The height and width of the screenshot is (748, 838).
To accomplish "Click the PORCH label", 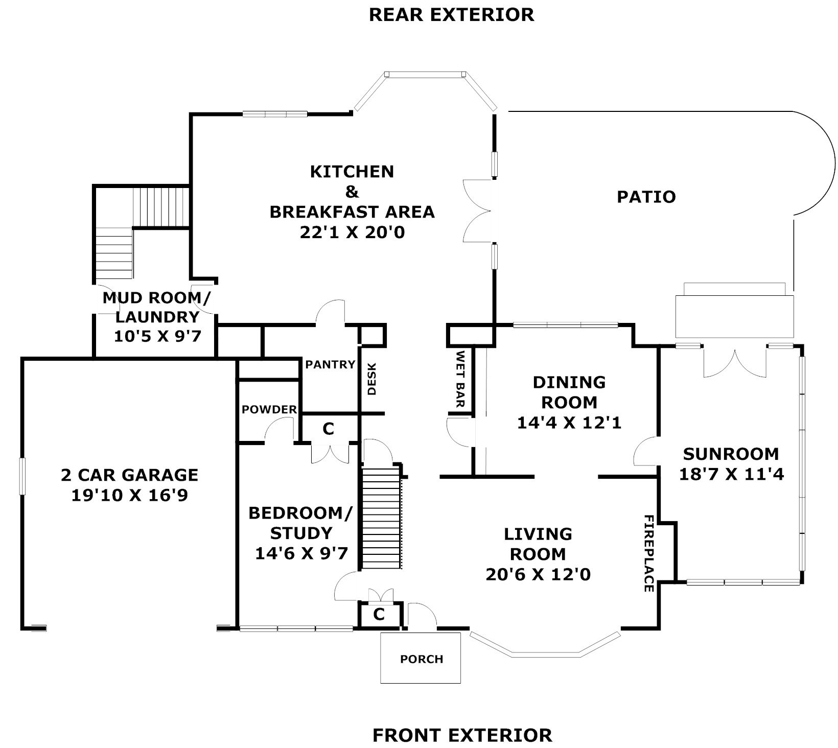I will pyautogui.click(x=421, y=659).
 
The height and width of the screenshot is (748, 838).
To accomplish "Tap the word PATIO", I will pyautogui.click(x=646, y=197).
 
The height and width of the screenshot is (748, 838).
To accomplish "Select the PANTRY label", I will pyautogui.click(x=330, y=364).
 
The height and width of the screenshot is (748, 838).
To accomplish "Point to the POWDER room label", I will pyautogui.click(x=269, y=409).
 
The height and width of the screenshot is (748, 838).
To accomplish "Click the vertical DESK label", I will pyautogui.click(x=372, y=379).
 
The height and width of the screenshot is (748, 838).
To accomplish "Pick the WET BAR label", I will pyautogui.click(x=460, y=379).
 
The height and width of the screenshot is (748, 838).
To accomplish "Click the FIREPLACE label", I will pyautogui.click(x=648, y=553).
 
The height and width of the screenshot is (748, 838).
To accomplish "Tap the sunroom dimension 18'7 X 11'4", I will pyautogui.click(x=731, y=475).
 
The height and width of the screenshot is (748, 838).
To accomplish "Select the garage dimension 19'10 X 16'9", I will pyautogui.click(x=129, y=495).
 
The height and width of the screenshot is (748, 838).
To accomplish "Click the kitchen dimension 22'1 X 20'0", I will pyautogui.click(x=352, y=232).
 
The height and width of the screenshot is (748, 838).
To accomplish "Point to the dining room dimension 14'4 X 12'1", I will pyautogui.click(x=569, y=423).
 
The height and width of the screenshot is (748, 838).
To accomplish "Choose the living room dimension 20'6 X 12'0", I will pyautogui.click(x=538, y=574).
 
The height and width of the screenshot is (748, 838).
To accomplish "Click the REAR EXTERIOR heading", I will pyautogui.click(x=451, y=14).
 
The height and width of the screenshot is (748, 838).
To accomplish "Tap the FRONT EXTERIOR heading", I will pyautogui.click(x=462, y=735).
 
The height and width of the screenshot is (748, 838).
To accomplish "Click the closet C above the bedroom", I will pyautogui.click(x=328, y=429).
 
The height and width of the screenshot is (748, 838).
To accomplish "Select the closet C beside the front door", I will pyautogui.click(x=379, y=614).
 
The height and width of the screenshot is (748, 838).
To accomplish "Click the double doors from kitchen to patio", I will pyautogui.click(x=477, y=211).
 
